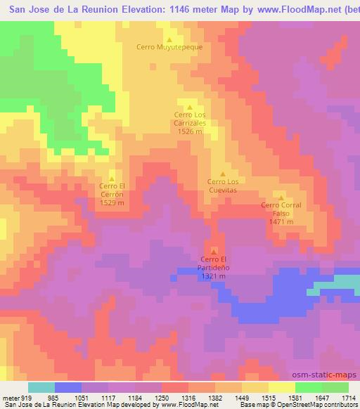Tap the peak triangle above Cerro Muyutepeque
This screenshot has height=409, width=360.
(169, 39)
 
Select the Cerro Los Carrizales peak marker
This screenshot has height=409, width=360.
(189, 106)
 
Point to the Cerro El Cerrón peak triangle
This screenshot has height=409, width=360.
(112, 178)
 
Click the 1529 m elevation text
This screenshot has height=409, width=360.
(112, 202)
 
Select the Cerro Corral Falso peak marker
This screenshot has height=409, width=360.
(281, 198)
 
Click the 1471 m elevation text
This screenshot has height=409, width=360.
(281, 221)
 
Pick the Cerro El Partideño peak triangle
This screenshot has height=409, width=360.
(214, 252)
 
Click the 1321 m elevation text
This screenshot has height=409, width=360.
(213, 276)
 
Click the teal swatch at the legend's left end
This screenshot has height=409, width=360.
(41, 387)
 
